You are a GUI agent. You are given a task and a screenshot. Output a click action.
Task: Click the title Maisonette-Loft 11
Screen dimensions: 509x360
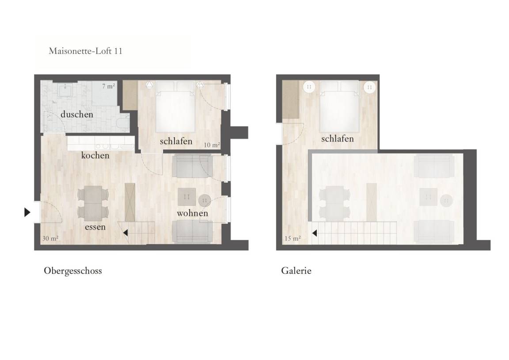click(x=85, y=51)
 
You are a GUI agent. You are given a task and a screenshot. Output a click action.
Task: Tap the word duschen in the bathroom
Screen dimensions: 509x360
click(x=76, y=115)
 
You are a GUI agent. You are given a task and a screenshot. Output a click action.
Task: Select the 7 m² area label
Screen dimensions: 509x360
click(x=108, y=86)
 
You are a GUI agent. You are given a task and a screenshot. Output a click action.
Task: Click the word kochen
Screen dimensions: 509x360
click(x=95, y=155)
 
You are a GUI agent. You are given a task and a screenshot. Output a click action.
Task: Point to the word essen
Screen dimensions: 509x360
click(x=95, y=227)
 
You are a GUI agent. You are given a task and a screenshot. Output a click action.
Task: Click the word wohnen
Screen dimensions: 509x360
click(x=192, y=213)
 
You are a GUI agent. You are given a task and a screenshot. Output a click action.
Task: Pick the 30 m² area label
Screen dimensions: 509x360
click(x=50, y=238)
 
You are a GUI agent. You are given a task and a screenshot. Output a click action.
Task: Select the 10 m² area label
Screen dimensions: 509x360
click(x=212, y=145)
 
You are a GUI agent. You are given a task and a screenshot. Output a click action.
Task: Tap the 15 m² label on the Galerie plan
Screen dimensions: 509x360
click(x=292, y=238)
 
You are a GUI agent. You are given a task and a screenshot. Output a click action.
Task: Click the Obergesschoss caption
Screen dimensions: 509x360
click(x=73, y=271)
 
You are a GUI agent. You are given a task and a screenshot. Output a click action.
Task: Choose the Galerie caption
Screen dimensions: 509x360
click(x=296, y=271)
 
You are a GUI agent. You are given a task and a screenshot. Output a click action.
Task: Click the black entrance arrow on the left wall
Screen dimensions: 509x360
click(x=27, y=212)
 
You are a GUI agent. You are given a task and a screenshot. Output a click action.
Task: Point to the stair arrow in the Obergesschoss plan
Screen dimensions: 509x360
click(x=125, y=233)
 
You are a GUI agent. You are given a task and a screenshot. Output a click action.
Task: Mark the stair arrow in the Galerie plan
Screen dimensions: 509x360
click(x=314, y=233)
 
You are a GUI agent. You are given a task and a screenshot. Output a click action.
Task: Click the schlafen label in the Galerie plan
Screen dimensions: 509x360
click(x=337, y=139)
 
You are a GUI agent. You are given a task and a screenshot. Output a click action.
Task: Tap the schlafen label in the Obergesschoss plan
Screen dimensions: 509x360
click(x=176, y=141)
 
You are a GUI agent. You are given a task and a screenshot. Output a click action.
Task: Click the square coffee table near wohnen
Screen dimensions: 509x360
click(x=186, y=197)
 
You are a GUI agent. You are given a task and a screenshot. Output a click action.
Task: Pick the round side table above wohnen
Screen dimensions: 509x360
click(x=205, y=200)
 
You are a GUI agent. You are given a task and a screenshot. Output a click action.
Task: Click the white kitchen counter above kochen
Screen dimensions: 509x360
click(x=101, y=143)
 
